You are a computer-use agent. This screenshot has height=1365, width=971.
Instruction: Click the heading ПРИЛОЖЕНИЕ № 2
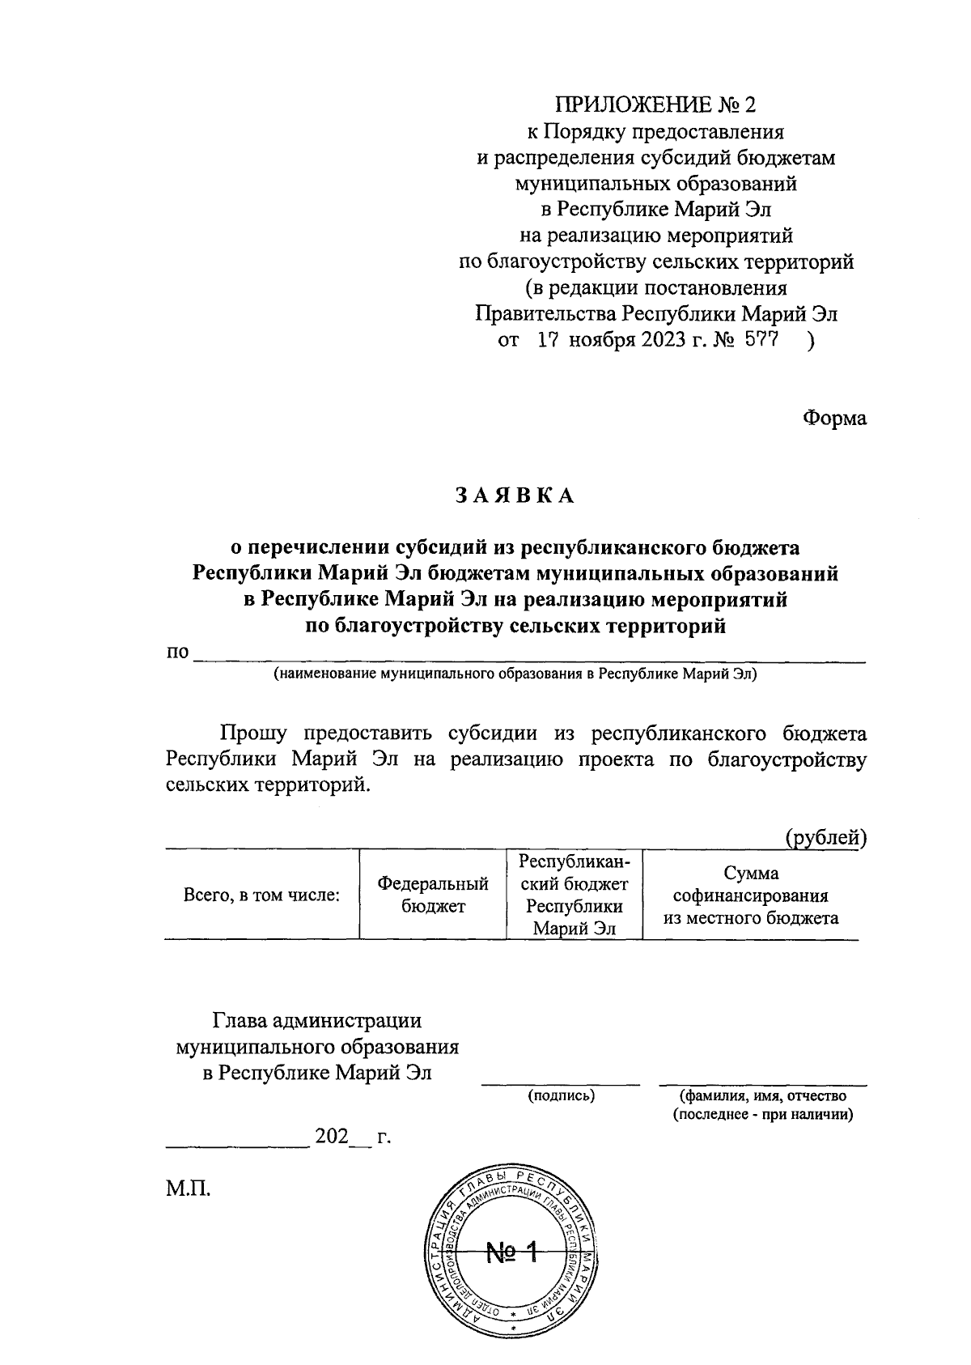[655, 105]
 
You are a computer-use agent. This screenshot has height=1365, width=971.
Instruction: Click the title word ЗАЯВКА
[515, 496]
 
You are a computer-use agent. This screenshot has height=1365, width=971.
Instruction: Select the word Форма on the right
[834, 419]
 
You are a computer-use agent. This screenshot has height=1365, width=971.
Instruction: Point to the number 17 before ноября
[549, 341]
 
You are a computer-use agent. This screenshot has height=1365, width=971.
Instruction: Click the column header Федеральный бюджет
[433, 895]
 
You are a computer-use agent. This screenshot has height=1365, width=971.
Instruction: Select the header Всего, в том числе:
[261, 895]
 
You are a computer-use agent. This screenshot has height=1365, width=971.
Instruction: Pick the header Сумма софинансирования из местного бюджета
[751, 895]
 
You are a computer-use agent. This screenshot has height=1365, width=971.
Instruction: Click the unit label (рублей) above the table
[826, 839]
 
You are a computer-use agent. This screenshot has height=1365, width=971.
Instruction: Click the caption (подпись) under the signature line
[561, 1096]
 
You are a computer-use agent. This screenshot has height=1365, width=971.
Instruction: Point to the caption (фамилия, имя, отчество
[763, 1096]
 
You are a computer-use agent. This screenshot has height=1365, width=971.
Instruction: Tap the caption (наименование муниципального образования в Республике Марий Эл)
[515, 674]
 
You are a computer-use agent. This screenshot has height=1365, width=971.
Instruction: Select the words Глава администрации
[317, 1022]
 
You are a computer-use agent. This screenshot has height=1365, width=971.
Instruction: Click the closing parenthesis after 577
[811, 341]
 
